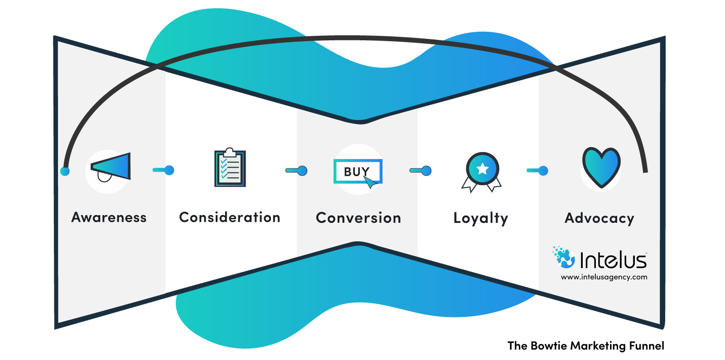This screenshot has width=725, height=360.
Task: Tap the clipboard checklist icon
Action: click(230, 168)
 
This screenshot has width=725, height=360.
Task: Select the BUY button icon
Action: click(358, 172)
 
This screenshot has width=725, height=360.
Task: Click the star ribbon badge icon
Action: click(482, 171)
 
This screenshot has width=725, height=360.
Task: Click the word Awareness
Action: click(109, 217)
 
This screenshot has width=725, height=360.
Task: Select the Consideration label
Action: click(230, 217)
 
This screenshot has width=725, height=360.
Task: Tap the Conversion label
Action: click(358, 218)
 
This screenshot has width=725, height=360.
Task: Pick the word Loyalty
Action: click(481, 218)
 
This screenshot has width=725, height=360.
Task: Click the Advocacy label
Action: click(599, 218)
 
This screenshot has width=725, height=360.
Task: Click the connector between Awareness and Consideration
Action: click(164, 170)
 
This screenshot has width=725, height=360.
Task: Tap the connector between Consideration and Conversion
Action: click(296, 171)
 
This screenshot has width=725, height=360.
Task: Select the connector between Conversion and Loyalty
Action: click(420, 171)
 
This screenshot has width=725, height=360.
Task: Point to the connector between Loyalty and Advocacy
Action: click(537, 171)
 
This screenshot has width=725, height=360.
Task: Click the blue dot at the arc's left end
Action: click(65, 171)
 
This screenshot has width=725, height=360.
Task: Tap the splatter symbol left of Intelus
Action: click(564, 257)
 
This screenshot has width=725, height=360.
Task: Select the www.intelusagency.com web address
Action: click(604, 277)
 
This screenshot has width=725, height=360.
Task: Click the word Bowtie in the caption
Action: click(549, 346)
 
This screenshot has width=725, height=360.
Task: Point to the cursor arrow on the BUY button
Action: click(370, 182)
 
